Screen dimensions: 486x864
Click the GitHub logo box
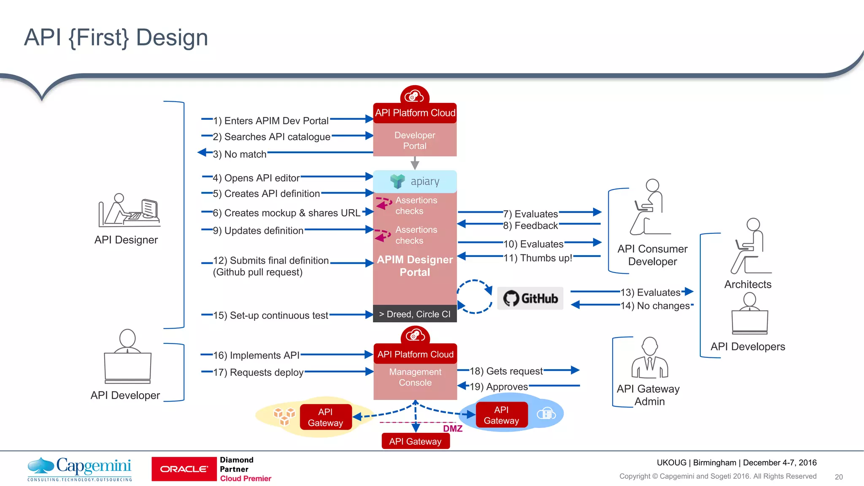point(530,298)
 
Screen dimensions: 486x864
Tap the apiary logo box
point(415,181)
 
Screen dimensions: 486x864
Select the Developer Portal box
point(415,140)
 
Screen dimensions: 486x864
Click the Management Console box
point(415,377)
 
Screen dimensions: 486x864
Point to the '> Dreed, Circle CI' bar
point(415,314)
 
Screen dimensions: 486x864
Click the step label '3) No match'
point(239,154)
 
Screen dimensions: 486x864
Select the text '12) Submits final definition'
point(270,260)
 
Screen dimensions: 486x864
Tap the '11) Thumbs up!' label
point(537,258)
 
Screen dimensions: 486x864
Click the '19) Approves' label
point(499,386)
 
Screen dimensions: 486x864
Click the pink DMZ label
point(453,429)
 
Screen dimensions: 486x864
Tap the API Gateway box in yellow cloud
point(326,417)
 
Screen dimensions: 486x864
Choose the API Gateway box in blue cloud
point(501,415)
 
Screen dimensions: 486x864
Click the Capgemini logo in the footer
point(80,468)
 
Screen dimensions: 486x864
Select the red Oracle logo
point(184,469)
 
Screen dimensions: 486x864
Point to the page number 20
point(839,477)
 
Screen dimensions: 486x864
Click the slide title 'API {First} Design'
point(116,38)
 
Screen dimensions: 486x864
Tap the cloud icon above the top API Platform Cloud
point(415,96)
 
